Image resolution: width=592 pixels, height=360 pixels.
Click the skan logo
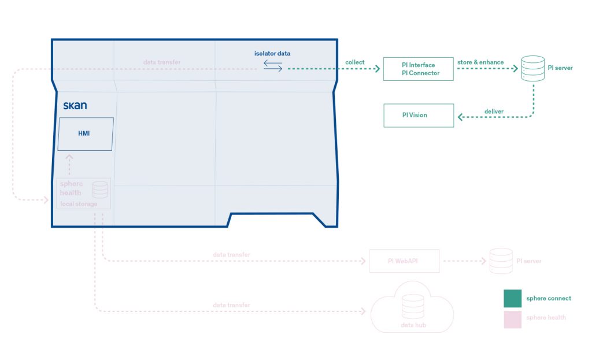point(75,106)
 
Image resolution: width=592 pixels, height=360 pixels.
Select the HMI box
point(85,134)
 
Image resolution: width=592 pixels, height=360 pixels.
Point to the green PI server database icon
point(532,68)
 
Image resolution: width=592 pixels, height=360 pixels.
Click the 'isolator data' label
point(272,54)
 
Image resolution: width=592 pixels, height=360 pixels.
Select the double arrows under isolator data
point(273,66)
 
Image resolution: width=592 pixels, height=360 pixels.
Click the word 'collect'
point(355,62)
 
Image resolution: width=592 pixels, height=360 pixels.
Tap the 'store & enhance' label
point(480,62)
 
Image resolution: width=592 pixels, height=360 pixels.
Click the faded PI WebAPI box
point(404,261)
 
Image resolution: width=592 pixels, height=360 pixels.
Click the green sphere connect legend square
point(512,298)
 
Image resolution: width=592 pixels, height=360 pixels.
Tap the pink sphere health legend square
point(512,319)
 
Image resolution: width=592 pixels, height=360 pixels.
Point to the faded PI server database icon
point(501,261)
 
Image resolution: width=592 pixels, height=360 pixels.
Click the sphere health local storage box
point(83,193)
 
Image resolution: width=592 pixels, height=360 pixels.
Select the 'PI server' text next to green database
point(560,68)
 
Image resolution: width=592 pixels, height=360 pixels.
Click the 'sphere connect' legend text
point(549,298)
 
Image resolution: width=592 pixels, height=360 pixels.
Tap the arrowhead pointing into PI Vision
point(460,117)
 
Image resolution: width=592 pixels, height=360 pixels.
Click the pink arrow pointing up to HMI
point(69,164)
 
